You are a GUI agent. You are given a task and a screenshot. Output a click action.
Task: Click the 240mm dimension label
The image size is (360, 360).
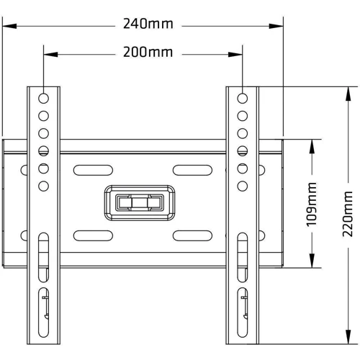(x=148, y=24)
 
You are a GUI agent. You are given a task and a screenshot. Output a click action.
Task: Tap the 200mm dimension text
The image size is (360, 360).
(x=148, y=52)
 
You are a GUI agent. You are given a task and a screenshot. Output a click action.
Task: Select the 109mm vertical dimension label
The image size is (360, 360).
(x=312, y=204)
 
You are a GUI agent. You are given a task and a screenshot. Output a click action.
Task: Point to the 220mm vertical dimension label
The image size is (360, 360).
(x=348, y=214)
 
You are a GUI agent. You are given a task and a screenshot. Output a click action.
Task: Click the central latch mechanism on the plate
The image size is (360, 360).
(x=140, y=203)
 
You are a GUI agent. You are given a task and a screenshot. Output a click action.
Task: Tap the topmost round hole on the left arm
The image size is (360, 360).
(x=43, y=99)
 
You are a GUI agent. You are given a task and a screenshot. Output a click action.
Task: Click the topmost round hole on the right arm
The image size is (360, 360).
(x=243, y=99)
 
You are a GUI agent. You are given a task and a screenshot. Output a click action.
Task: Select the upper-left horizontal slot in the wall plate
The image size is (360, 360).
(x=93, y=170)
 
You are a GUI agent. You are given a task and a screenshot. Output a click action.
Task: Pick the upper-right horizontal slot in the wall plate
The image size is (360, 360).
(x=192, y=170)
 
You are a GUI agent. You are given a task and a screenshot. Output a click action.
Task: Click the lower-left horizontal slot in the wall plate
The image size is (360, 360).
(x=93, y=235)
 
